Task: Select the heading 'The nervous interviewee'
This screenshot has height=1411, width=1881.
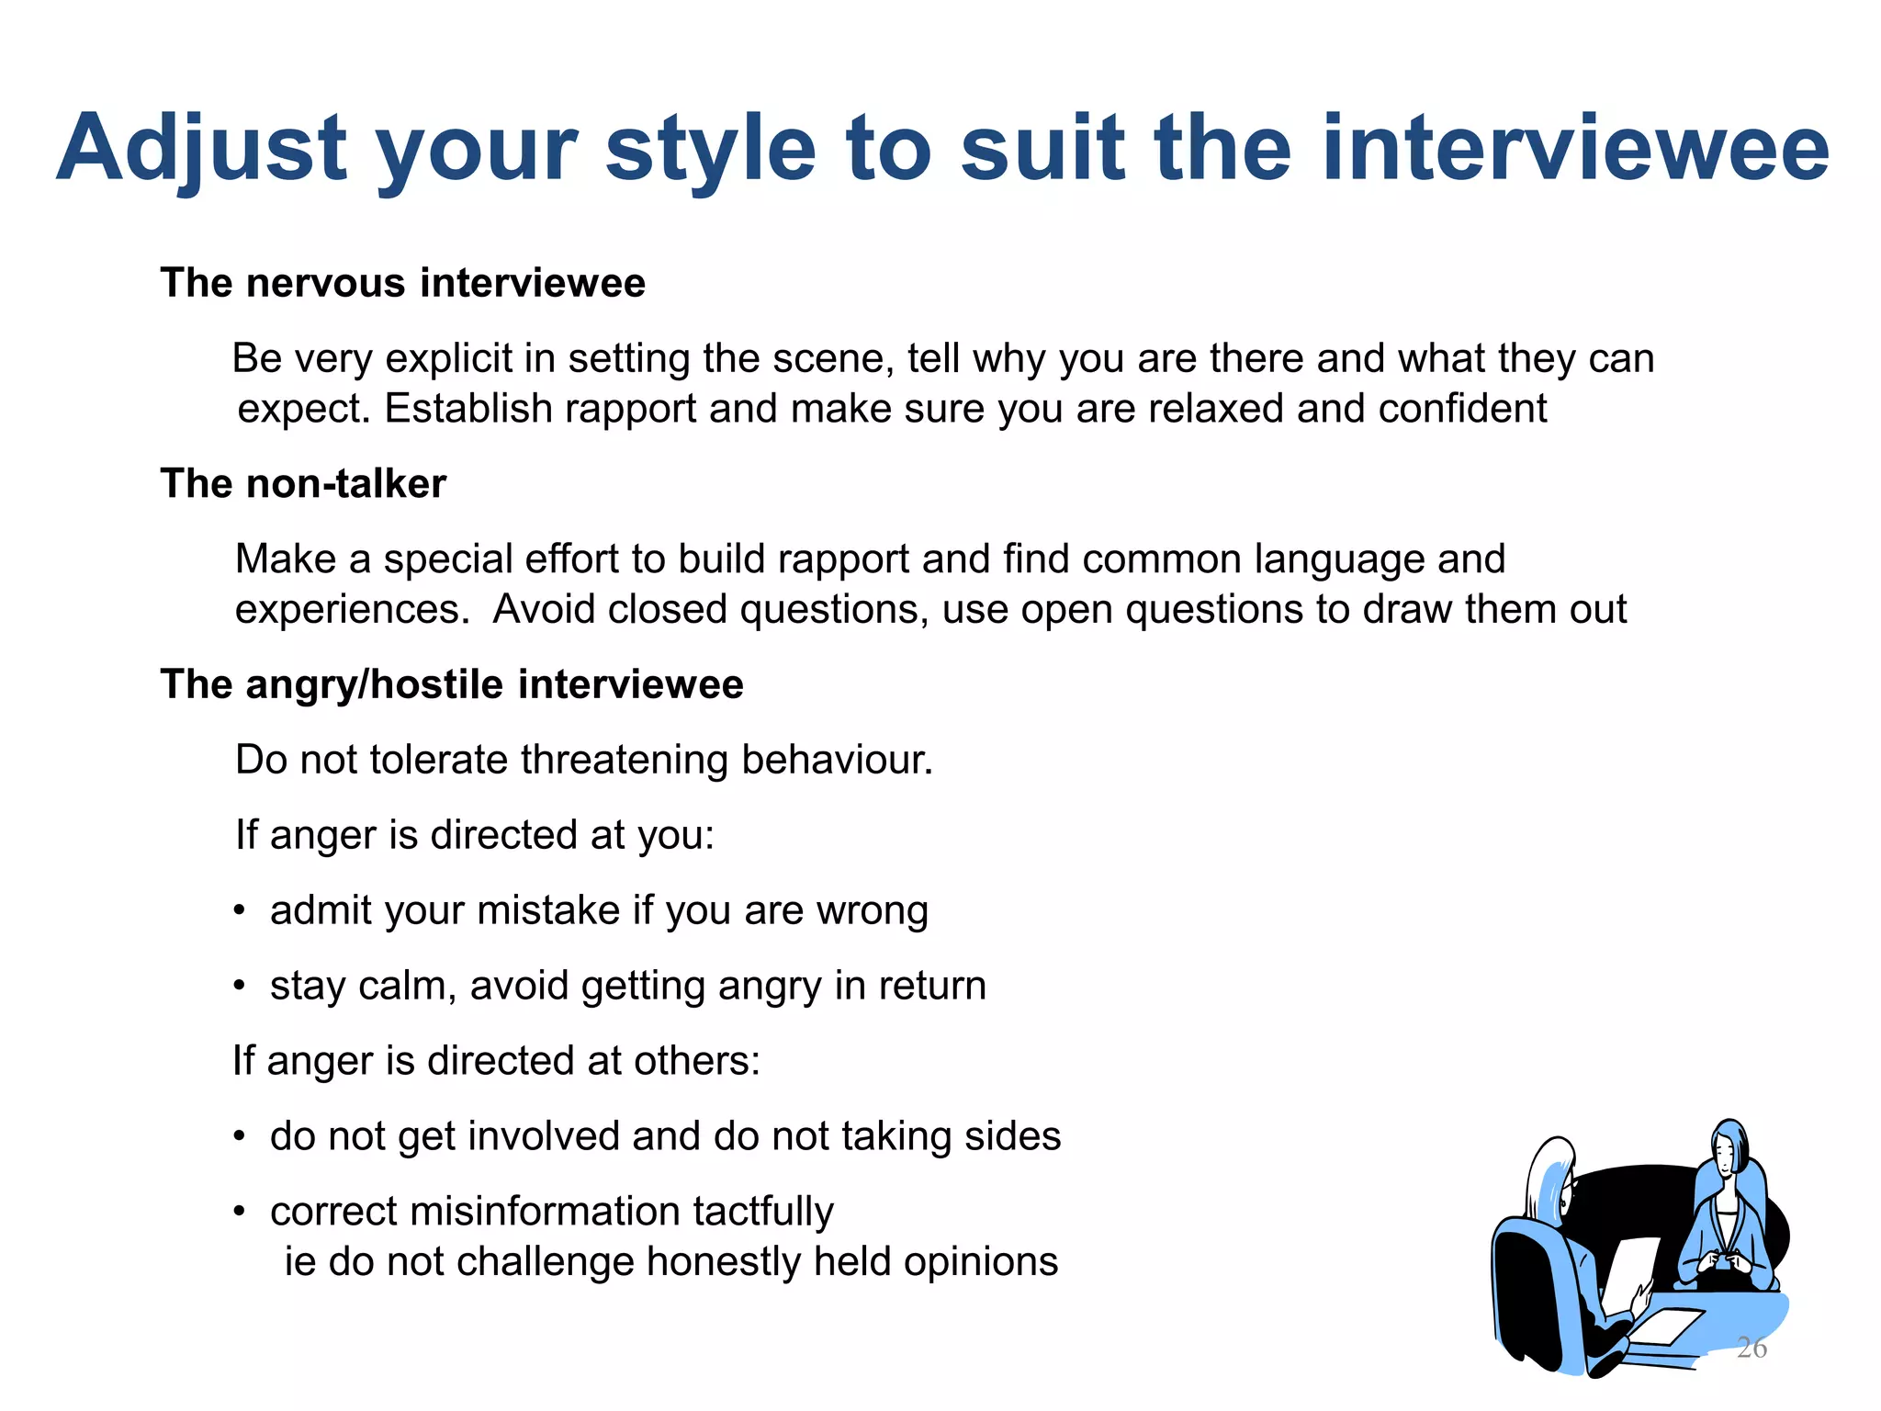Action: [x=402, y=283]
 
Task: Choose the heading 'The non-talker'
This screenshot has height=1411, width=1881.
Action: [x=303, y=484]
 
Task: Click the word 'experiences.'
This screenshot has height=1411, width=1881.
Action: [x=352, y=610]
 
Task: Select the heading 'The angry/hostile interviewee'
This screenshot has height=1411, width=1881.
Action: [x=451, y=685]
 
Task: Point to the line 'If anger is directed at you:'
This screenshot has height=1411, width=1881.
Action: [x=474, y=836]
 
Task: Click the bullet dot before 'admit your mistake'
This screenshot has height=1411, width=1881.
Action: [x=240, y=911]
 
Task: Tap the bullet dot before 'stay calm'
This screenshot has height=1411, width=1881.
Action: [x=240, y=987]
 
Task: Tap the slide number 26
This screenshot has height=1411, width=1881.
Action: [x=1751, y=1348]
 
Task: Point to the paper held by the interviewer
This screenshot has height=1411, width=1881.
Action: [x=1631, y=1272]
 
